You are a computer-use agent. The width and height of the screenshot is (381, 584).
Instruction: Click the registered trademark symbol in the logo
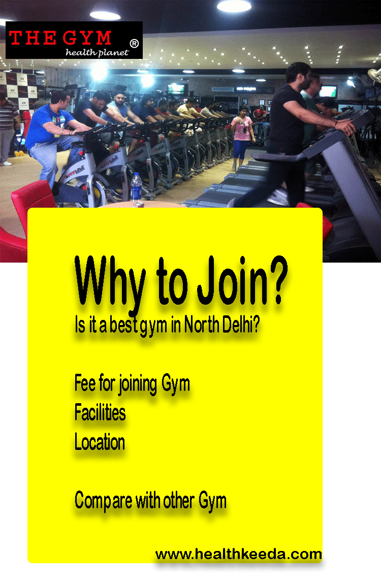pos(134,44)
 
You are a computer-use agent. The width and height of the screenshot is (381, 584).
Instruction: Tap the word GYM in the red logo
pos(87,38)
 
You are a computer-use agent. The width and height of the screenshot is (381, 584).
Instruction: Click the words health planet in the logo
pos(97,52)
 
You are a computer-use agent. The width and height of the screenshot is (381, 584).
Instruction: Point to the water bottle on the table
pos(137,189)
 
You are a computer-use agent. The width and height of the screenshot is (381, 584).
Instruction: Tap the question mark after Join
pos(277,279)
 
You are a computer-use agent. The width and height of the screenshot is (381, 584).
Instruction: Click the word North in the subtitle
pos(202,325)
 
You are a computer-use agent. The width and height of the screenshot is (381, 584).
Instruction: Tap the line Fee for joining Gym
pos(132,384)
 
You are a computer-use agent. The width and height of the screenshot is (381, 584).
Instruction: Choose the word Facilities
pos(100,412)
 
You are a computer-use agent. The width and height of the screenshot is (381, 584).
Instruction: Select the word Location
pos(100,442)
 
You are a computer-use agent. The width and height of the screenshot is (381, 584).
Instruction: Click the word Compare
pos(103,501)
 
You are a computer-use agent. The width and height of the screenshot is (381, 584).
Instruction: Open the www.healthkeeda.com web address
pos(239,554)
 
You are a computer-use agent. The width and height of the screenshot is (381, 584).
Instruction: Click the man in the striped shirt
pos(8,128)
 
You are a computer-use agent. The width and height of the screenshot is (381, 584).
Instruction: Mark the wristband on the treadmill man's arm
pos(336,124)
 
